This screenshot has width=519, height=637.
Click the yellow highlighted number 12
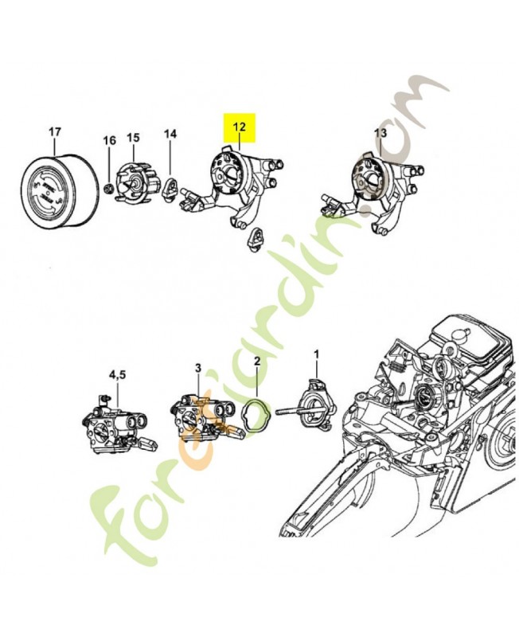coord(240,126)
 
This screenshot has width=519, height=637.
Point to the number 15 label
coord(133,138)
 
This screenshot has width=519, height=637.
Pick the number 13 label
coord(380,131)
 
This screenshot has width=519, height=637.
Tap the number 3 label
coord(198,367)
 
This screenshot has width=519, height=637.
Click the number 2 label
coord(256,361)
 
